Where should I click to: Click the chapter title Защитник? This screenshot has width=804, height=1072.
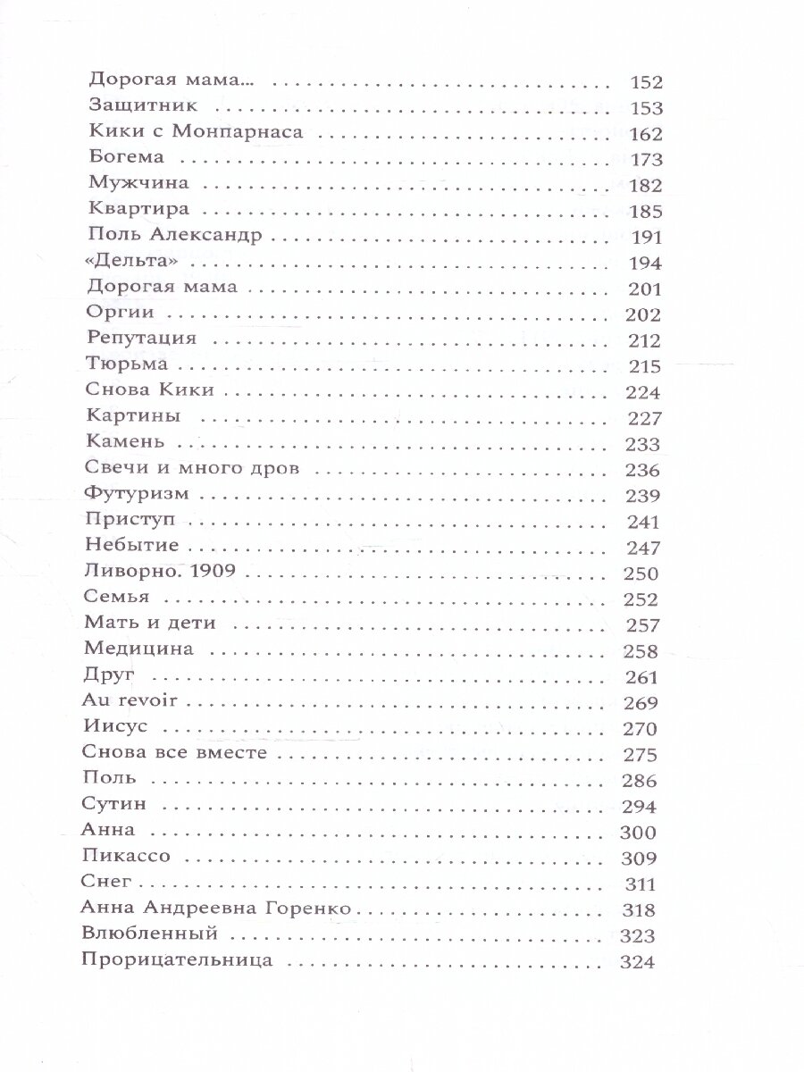pyautogui.click(x=135, y=108)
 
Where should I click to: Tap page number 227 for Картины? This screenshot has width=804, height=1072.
pyautogui.click(x=640, y=418)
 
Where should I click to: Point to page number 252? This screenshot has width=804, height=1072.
pyautogui.click(x=639, y=599)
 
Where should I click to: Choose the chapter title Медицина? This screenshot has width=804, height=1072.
pyautogui.click(x=137, y=650)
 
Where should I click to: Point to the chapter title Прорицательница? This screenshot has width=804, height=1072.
pyautogui.click(x=176, y=962)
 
